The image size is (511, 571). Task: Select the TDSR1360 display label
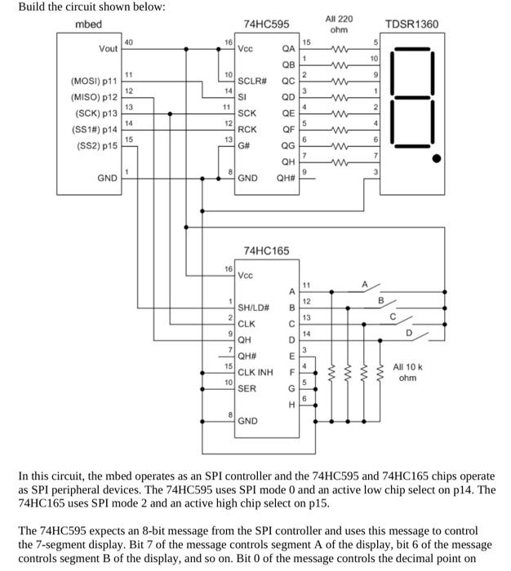pos(411,24)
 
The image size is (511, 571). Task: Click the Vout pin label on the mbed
pos(108,49)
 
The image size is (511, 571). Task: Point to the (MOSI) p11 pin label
pos(96,82)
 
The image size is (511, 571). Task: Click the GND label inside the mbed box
pos(106,177)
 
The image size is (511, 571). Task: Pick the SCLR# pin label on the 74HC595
pos(252,82)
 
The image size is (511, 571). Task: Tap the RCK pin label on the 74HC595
pos(247,129)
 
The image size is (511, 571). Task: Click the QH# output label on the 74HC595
pos(287,177)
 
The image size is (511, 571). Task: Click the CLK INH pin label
pos(255,372)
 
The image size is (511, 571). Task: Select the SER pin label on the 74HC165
pos(247,388)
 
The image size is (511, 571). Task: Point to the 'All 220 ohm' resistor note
pos(339,24)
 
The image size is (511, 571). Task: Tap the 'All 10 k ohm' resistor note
pos(410,372)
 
